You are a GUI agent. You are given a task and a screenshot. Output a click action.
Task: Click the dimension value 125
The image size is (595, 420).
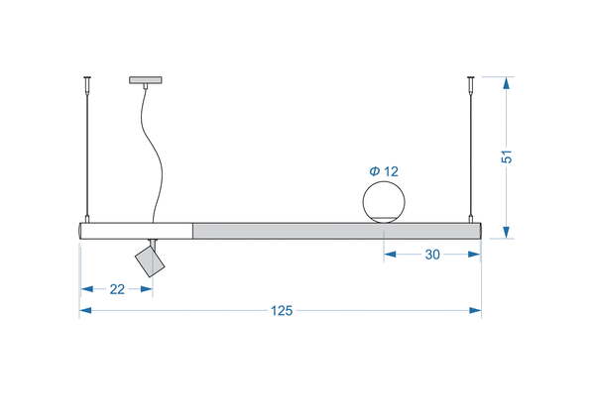click(x=282, y=311)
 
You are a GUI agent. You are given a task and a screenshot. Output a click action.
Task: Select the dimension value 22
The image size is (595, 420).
click(x=117, y=289)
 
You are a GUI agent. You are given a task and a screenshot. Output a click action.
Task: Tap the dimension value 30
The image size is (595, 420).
click(x=432, y=255)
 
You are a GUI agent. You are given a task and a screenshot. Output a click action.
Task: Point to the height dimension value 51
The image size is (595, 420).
click(x=507, y=157)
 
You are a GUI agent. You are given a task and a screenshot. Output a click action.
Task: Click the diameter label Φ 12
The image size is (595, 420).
click(x=384, y=171)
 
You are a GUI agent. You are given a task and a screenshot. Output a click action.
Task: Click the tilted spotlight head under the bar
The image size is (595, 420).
click(x=150, y=262)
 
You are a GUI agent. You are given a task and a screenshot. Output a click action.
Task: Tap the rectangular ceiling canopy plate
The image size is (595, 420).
click(x=146, y=80)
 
